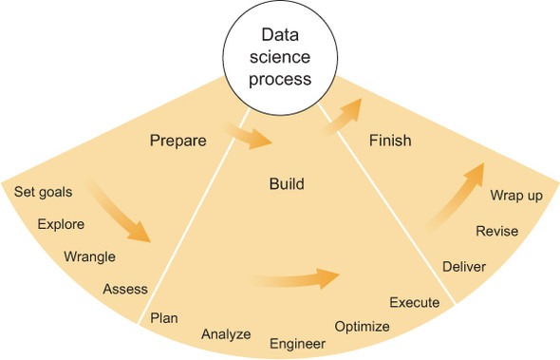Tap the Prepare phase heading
click(177, 142)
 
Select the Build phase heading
click(286, 183)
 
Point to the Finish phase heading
click(389, 142)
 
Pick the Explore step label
click(61, 225)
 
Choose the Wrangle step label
click(89, 256)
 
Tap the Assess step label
click(125, 289)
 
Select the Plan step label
click(164, 316)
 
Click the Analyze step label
click(226, 333)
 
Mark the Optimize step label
click(362, 327)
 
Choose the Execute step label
click(415, 303)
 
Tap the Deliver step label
click(464, 266)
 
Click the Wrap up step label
click(516, 196)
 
